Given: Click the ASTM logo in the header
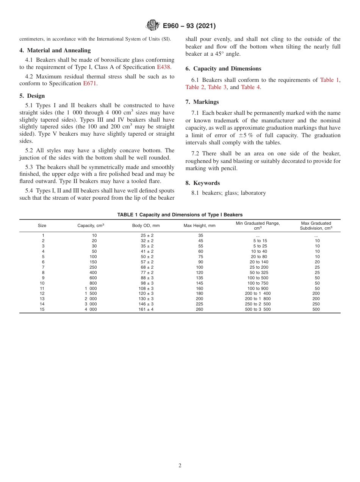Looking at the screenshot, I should coord(153,26).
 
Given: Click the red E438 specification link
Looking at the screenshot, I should coord(164,67).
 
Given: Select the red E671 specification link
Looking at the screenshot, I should coord(90,84).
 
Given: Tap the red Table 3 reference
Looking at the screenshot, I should coord(217,87).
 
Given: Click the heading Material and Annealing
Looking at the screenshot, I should coord(55,50).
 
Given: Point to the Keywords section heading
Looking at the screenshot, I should coord(203,183).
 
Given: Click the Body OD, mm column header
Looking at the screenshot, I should coord(146,225).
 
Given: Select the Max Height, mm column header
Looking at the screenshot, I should coord(199,225).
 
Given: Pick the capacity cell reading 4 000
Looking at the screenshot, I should coord(91,309).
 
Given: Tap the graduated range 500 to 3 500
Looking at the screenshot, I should coord(258,309).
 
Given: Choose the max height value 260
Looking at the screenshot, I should coord(199,309).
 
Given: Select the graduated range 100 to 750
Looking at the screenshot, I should coord(258,283).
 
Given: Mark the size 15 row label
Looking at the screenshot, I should coord(42,309).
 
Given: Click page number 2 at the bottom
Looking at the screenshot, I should coord(180,466).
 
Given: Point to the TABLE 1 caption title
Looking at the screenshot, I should coord(180,214).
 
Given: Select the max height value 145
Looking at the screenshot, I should coord(199,283).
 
